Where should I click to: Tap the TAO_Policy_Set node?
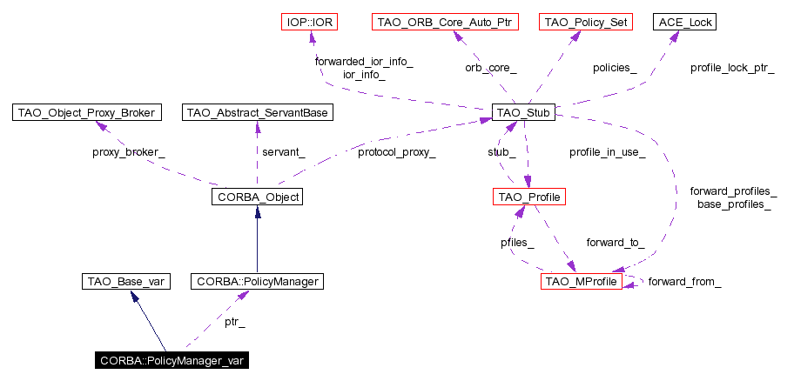585,21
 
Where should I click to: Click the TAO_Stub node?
523,112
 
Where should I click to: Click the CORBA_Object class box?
256,197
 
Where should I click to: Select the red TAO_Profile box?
528,197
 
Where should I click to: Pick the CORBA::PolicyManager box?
258,281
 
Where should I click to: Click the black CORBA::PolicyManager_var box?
172,360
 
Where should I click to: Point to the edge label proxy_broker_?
128,152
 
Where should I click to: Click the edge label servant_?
283,152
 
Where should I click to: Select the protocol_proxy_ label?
396,152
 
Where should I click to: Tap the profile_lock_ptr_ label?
731,67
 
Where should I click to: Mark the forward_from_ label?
684,281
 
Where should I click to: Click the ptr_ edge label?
234,322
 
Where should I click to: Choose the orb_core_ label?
490,67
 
